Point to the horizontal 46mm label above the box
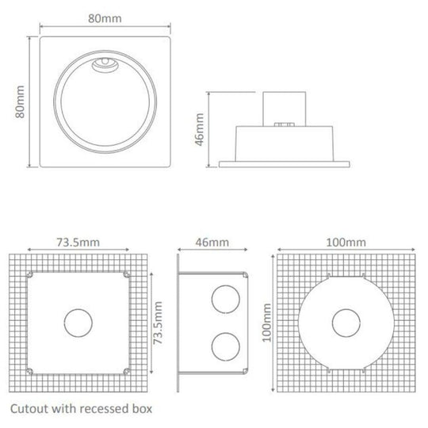click(x=212, y=242)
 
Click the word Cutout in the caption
click(x=30, y=411)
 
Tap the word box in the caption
click(x=139, y=411)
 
